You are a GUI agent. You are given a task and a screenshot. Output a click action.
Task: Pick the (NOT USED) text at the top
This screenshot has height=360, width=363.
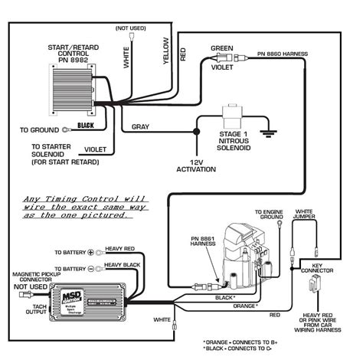pos(130,28)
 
